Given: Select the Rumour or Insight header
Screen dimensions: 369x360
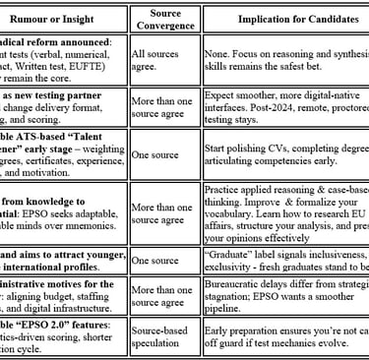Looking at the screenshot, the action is click(62, 19).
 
